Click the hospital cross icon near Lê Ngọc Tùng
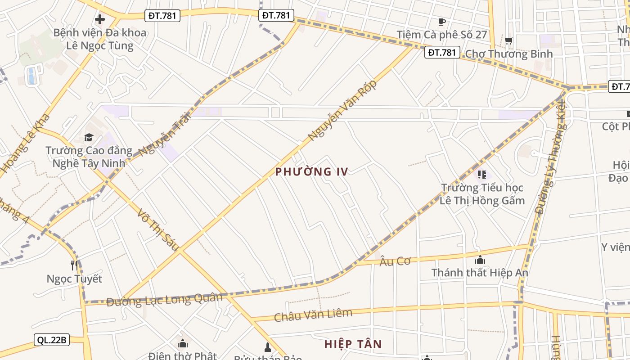click(100, 19)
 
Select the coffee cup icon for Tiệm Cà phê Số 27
click(441, 22)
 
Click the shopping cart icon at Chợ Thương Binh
click(509, 41)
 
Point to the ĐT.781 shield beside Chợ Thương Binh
click(442, 53)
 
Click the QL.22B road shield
click(52, 340)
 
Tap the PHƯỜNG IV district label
click(311, 172)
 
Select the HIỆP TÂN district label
click(353, 345)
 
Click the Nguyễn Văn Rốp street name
click(342, 111)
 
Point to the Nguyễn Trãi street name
click(165, 134)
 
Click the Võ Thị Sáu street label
click(158, 229)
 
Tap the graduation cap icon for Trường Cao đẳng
click(89, 137)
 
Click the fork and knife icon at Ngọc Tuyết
click(74, 265)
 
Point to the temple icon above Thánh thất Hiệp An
click(480, 260)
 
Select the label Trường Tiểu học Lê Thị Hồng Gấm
click(482, 194)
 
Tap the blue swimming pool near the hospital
click(31, 76)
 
